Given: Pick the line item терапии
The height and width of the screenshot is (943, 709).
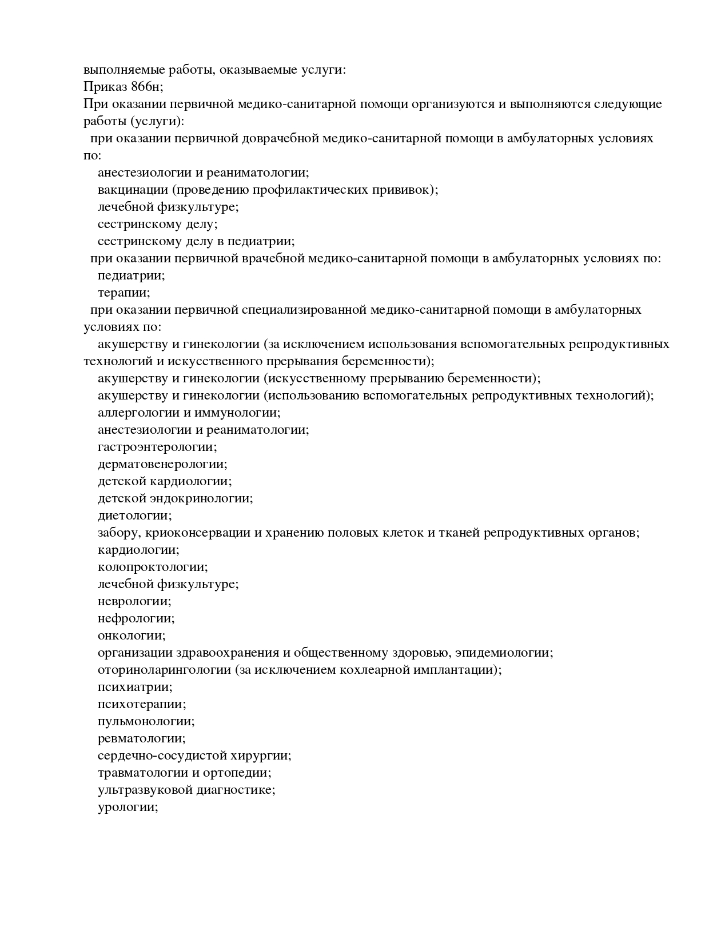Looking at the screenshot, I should coord(124,293).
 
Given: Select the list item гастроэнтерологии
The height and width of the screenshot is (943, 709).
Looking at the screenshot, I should coord(157,447).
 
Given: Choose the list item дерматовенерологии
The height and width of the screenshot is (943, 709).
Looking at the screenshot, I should coord(162,464).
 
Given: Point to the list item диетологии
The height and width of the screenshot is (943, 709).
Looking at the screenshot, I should coord(134,516).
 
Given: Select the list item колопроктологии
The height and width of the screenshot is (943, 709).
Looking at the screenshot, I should coord(153,567).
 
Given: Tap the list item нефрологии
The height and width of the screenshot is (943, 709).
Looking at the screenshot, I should coord(136,618).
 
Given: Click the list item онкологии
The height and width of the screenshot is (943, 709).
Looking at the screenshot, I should coord(132,636).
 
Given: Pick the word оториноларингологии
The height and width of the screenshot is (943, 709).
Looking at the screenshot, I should coord(164,670).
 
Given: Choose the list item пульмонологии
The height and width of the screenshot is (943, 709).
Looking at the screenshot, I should coord(146,721).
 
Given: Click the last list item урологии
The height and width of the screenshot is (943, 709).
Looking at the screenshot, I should coord(128,807).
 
